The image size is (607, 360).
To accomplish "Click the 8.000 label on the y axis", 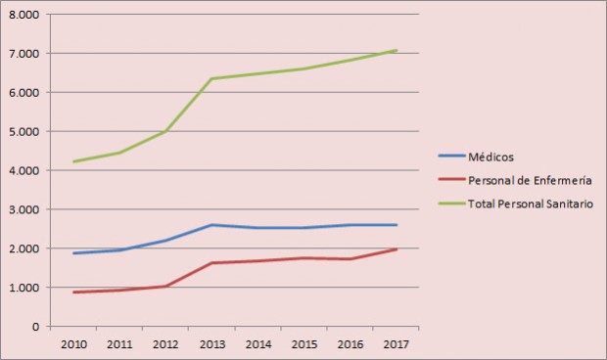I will [23, 15].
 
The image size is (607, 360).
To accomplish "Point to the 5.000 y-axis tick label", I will [23, 131].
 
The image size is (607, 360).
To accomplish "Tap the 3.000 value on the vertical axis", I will [23, 209].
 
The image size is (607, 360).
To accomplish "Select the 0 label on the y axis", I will [33, 326].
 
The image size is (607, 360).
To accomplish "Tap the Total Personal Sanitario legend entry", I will [529, 203].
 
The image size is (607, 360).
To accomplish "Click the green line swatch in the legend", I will [450, 203].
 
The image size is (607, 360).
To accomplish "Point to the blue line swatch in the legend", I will [450, 156].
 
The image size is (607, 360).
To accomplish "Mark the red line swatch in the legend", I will [450, 180].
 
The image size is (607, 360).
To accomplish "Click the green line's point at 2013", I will [210, 78].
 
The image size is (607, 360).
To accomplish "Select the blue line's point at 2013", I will [210, 225].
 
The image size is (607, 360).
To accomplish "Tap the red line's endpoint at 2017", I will [395, 249].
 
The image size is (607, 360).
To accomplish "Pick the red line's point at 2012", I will [165, 286].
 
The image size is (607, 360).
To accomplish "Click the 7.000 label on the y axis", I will [23, 54].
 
